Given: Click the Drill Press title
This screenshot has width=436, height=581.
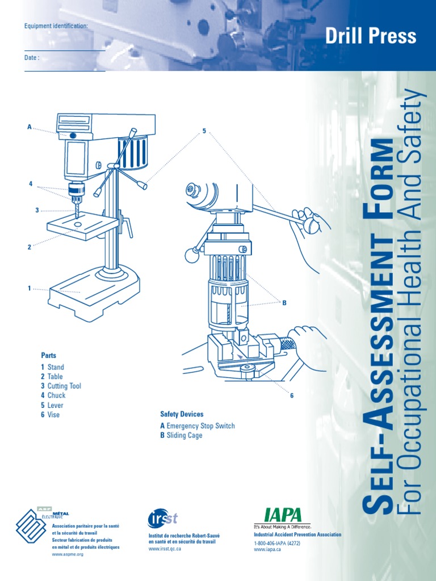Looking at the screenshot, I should (371, 36).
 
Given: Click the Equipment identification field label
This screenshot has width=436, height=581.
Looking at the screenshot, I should (56, 26).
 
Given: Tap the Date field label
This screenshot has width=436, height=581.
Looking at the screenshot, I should (32, 58).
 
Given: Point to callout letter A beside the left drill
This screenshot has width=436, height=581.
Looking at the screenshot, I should (30, 127).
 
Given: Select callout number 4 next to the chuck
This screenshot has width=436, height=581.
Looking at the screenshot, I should (31, 184).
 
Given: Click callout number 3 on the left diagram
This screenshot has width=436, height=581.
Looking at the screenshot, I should (37, 210).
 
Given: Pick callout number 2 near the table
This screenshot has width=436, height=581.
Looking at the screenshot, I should (29, 247).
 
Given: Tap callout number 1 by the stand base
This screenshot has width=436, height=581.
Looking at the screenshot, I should (29, 288).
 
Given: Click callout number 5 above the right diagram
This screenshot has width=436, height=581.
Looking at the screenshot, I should (204, 132).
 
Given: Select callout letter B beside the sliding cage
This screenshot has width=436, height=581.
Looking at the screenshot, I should (284, 303).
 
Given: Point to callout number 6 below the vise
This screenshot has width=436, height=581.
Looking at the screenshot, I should (292, 395).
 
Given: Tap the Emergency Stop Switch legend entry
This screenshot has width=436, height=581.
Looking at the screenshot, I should (198, 426).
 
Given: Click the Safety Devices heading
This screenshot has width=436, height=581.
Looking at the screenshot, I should (182, 414).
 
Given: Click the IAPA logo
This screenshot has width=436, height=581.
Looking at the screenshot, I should (282, 516).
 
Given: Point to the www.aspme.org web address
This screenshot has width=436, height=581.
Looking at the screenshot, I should (68, 554).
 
